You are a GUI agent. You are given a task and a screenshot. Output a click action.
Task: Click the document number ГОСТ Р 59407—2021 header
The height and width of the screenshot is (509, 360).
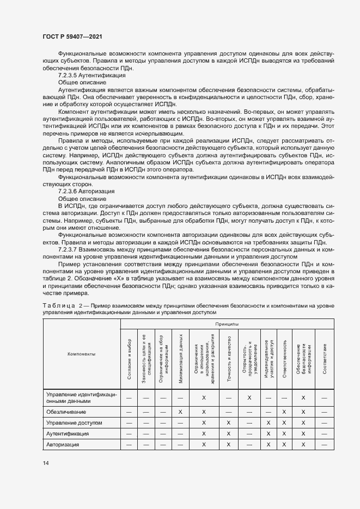click(72, 36)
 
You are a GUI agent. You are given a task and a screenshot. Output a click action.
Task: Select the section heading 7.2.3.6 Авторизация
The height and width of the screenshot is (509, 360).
click(86, 192)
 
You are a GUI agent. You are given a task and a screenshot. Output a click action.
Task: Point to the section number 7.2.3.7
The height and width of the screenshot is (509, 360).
click(69, 248)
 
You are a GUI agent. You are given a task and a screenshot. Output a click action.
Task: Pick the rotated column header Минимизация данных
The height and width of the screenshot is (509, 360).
click(180, 357)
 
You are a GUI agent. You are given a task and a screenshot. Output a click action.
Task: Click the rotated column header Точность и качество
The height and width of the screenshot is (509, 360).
click(228, 358)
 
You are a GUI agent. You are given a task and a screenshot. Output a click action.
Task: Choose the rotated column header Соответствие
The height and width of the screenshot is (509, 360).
click(324, 358)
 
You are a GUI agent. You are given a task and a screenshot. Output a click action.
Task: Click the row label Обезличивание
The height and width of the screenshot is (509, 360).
click(66, 412)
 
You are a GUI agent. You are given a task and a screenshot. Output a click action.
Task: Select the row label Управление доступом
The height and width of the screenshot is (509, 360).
click(74, 422)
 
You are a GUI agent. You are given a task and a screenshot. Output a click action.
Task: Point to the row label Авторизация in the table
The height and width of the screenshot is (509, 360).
click(63, 445)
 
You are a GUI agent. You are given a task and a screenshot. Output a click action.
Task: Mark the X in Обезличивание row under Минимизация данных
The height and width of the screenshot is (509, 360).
click(180, 412)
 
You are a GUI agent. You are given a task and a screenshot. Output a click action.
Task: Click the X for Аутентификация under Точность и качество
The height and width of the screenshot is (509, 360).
click(228, 434)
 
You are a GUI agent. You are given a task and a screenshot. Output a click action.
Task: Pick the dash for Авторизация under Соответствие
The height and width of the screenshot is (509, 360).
click(324, 445)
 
